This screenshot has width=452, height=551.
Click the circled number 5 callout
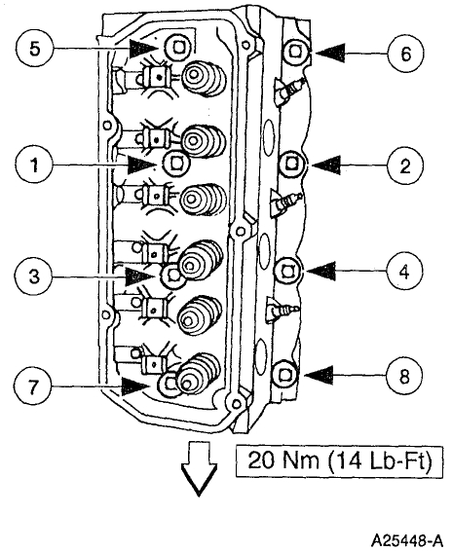(34, 49)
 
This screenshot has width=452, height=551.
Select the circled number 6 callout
(405, 54)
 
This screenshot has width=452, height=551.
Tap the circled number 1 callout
(34, 165)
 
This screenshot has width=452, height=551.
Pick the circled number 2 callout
(405, 165)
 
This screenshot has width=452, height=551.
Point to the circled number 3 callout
(34, 275)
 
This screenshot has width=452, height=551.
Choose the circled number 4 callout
(404, 272)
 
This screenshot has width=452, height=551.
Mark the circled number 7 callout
(34, 386)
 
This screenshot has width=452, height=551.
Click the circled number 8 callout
(404, 377)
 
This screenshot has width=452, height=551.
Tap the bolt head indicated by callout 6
(296, 53)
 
